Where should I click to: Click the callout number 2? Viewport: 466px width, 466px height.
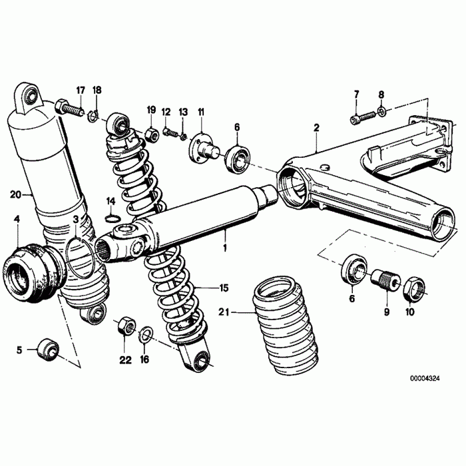pos(316,127)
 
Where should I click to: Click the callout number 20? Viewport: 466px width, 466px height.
pos(15,194)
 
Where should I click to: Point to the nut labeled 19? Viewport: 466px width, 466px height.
pos(151,133)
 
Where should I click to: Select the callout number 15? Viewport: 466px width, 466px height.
pos(224,288)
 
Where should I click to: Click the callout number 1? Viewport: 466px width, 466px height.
pos(225,248)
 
